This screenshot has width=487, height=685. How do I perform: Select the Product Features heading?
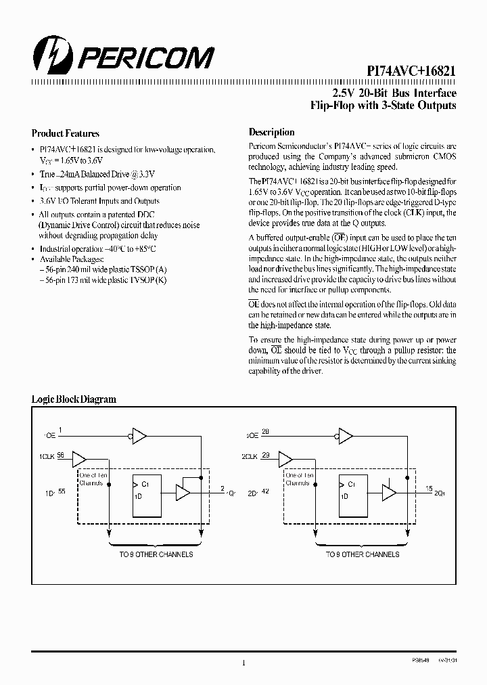click(66, 133)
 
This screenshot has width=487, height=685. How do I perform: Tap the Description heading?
click(271, 133)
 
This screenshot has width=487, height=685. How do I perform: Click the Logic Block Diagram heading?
click(74, 399)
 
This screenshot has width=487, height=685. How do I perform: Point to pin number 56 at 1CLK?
click(62, 456)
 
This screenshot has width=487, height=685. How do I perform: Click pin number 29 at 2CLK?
click(266, 456)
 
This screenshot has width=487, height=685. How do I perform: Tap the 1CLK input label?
click(47, 458)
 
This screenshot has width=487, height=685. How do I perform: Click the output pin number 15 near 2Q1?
click(429, 487)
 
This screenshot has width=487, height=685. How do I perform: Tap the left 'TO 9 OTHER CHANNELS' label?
click(156, 554)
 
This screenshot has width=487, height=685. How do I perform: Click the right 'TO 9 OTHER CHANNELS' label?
click(363, 554)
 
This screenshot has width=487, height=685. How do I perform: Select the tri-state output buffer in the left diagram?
click(183, 492)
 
